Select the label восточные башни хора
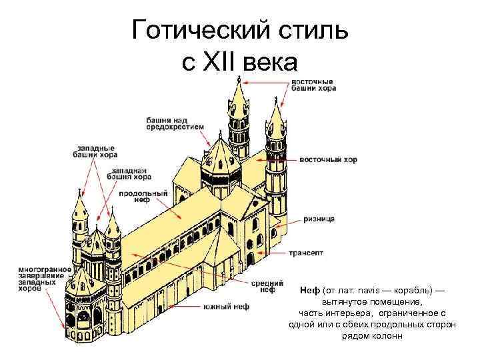click(313, 85)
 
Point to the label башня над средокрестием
click(172, 123)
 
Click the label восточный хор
click(328, 160)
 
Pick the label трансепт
click(307, 253)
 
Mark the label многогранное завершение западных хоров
click(36, 276)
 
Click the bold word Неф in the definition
click(310, 291)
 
